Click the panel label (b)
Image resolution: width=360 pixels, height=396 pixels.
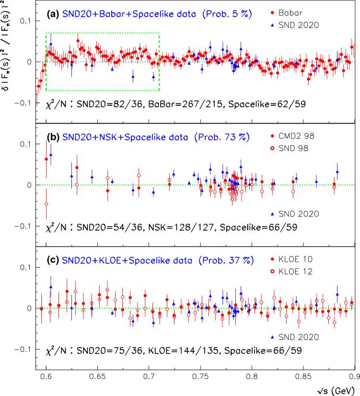pos(54,137)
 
